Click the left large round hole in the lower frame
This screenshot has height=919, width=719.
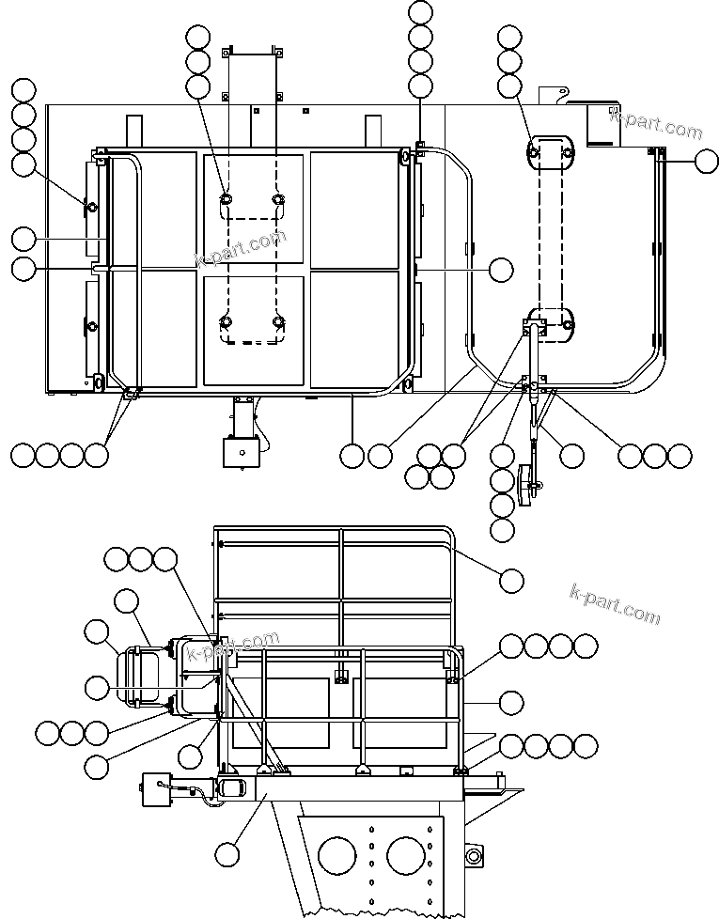coord(337,856)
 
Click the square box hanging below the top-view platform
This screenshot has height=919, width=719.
coord(241,452)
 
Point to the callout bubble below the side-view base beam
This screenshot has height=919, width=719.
coord(227,854)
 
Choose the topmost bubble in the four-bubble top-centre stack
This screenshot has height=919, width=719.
coord(421,13)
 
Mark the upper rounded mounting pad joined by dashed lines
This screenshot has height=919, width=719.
coord(550,152)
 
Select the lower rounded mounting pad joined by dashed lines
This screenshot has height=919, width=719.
coord(551,322)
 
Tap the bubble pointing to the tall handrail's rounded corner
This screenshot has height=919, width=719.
coord(511,581)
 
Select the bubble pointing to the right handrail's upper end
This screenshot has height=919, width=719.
coord(707,161)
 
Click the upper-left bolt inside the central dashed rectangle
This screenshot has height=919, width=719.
coord(227,199)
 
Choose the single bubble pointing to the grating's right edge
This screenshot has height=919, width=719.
coord(501,270)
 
